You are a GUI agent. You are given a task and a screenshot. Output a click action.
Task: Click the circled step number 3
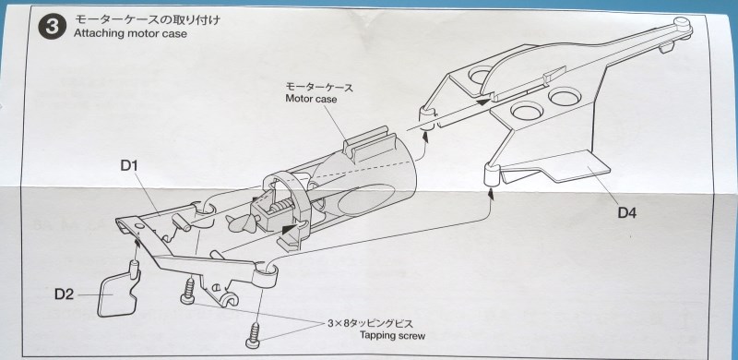point(51,27)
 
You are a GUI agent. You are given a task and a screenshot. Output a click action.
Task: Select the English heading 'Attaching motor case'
point(130,34)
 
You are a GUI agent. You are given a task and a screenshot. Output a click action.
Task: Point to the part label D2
point(64,294)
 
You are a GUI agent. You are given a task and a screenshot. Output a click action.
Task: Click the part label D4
point(627,213)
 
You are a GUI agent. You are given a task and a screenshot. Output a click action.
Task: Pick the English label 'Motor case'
point(311,100)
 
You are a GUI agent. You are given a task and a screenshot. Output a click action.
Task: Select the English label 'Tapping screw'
point(393,336)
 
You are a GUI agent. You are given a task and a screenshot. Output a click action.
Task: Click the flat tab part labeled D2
point(118,294)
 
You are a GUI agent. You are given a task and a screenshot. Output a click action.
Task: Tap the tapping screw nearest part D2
point(188,291)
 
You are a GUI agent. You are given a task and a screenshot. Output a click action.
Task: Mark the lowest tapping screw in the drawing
point(255,335)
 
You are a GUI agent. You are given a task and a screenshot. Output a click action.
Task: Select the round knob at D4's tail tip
point(681,22)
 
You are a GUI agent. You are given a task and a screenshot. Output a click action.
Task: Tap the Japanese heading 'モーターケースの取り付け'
point(148,20)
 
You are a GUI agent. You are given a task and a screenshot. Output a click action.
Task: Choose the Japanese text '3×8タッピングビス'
point(370,324)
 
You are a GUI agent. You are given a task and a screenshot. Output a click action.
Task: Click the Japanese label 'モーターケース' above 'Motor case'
point(319,87)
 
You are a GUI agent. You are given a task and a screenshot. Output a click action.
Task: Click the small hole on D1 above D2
point(140,227)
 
